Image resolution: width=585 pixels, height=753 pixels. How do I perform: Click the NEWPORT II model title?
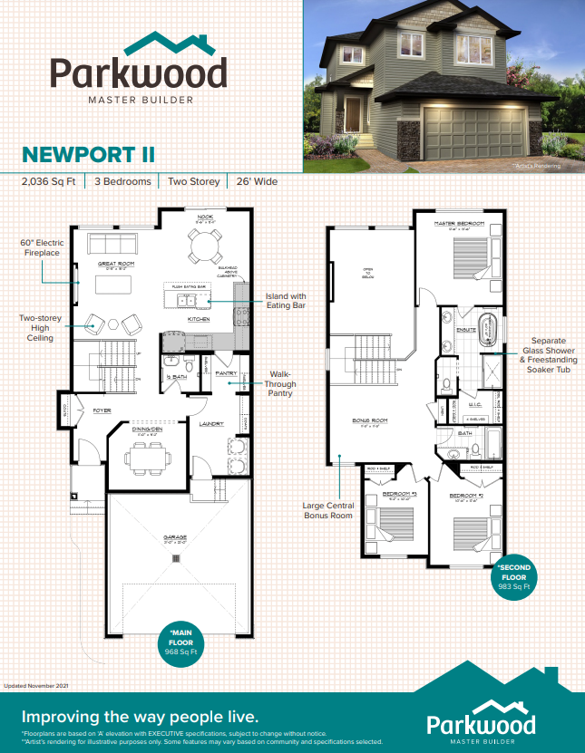(x=88, y=153)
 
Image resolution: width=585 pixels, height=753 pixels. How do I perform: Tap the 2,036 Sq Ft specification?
(x=50, y=181)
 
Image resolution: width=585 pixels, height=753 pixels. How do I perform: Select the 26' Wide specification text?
(x=258, y=181)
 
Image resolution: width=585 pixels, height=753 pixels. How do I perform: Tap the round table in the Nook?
(x=205, y=245)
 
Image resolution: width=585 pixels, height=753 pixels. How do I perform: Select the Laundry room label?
(x=212, y=423)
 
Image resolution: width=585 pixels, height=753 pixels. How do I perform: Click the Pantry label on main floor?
(x=226, y=373)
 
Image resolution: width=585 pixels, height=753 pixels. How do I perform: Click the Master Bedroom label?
(x=458, y=223)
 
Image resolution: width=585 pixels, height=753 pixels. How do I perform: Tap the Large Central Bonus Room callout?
(x=326, y=509)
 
